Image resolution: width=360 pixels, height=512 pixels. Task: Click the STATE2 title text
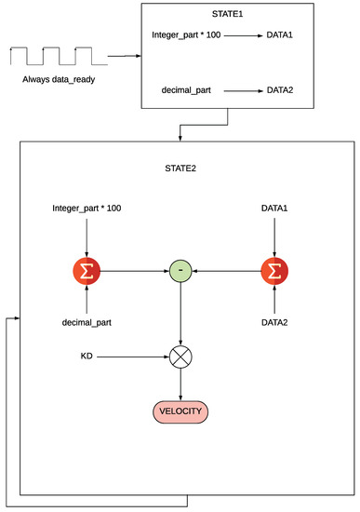(x=180, y=168)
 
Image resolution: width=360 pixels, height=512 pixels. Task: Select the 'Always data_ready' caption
(x=59, y=79)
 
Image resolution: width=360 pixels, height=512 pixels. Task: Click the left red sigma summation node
(x=87, y=271)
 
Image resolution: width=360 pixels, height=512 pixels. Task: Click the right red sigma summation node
(x=273, y=271)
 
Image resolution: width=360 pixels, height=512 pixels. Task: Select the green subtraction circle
(x=180, y=271)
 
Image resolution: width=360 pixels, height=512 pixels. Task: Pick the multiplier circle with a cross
(x=180, y=356)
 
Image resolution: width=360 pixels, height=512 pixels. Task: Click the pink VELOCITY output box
(x=180, y=411)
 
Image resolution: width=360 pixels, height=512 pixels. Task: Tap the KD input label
(x=87, y=356)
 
